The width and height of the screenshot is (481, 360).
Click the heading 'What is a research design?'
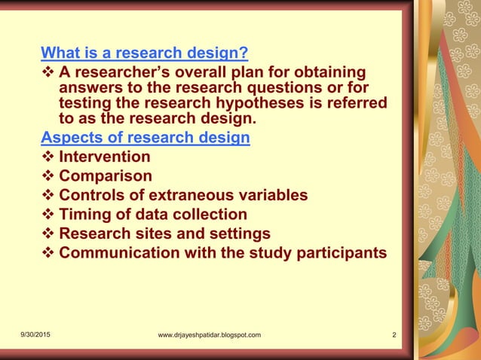point(144,53)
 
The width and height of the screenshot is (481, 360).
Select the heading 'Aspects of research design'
point(146,138)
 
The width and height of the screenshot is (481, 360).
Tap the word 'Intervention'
point(105,157)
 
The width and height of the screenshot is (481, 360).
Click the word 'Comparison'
point(106,176)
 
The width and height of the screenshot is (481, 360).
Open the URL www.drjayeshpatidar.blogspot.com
point(205,335)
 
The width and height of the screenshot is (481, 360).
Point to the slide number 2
point(394,335)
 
